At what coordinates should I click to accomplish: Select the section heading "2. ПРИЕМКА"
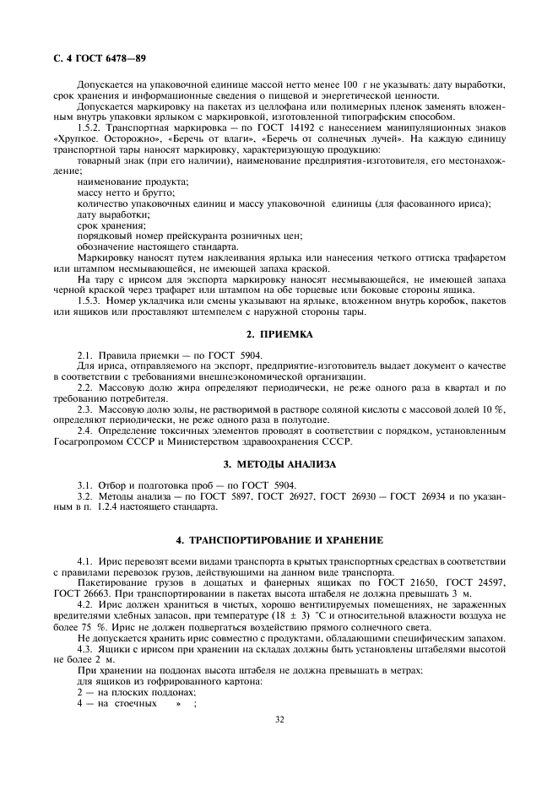[x=278, y=334]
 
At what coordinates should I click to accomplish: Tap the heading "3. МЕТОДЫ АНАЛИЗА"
[x=278, y=464]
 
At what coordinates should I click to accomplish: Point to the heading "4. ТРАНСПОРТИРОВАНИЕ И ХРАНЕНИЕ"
[x=279, y=539]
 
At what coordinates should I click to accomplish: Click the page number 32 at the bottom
[x=279, y=719]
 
